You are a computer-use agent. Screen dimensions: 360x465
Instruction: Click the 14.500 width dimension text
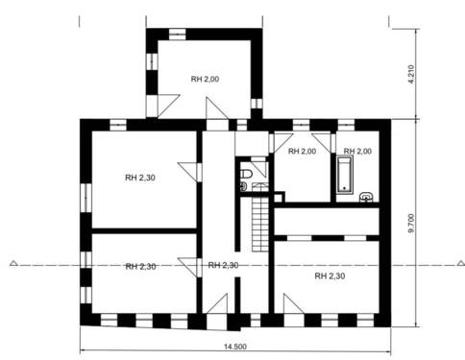[234, 346]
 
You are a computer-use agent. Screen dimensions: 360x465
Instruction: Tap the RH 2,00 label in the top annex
[205, 79]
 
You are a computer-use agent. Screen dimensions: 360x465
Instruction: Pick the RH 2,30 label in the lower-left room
[140, 266]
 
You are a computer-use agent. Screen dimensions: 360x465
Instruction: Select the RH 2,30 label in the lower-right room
[329, 276]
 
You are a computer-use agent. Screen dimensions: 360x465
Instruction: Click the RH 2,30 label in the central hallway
[223, 265]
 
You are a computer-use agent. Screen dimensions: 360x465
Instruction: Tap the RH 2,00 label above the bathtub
[357, 152]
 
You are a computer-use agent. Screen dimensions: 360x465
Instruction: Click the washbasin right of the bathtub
[366, 197]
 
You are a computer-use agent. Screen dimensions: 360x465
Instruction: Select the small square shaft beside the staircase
[278, 198]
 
